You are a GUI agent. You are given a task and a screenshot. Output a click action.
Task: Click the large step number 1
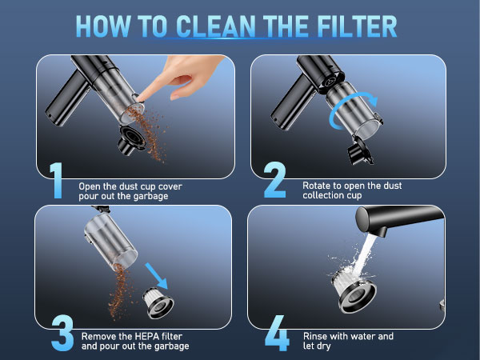(x=55, y=181)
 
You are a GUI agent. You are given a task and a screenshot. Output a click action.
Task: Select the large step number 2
(x=274, y=181)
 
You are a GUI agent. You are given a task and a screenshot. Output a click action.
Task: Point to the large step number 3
(x=62, y=334)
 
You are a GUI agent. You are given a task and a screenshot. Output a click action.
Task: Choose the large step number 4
(x=277, y=334)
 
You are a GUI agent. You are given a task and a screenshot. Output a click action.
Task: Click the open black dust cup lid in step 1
(x=130, y=138)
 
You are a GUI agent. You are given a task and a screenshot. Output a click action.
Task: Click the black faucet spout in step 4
(x=401, y=217)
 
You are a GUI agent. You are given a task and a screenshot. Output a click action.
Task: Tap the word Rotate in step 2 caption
(x=317, y=186)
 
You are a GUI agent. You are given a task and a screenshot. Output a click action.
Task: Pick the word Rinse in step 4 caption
(x=317, y=337)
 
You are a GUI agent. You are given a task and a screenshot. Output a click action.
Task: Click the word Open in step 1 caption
(x=90, y=186)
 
